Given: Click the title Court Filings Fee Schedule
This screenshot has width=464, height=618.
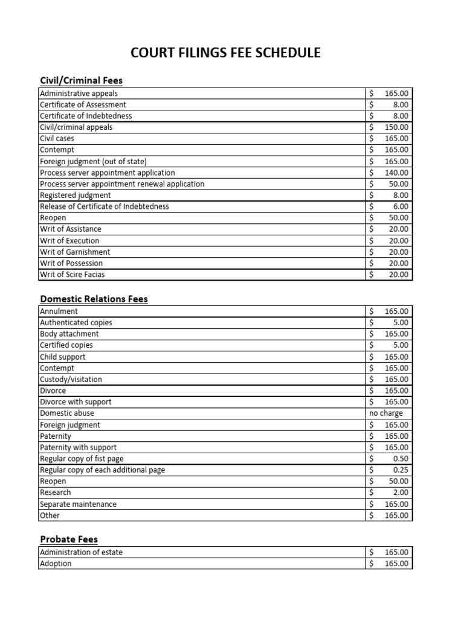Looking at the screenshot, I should point(226,53).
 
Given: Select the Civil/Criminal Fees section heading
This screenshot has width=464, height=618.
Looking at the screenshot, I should point(81,80).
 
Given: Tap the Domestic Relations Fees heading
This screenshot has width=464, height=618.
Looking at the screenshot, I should point(94,299).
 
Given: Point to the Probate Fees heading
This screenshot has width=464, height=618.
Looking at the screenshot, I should point(68,539).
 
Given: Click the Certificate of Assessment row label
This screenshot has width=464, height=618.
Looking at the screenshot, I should point(83,104).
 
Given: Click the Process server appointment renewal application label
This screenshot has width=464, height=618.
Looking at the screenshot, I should point(122,184).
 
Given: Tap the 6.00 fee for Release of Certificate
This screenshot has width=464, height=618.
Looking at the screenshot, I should point(400,206).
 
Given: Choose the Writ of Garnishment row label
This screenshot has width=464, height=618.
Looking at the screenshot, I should point(75,252).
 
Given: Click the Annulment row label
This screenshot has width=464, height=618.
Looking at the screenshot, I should point(59,311).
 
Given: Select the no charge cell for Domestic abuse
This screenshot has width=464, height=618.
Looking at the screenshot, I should point(386,413).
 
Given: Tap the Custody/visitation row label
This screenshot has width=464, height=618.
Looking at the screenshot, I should point(71,380).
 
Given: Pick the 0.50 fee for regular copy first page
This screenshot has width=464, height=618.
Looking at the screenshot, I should point(400,459).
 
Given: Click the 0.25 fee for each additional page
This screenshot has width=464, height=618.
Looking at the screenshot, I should point(400,470).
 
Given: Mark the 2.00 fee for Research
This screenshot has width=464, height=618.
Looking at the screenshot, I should point(400,492).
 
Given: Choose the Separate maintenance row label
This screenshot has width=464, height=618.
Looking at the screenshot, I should point(78,504).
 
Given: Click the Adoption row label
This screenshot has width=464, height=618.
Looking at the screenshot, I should point(56,564).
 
